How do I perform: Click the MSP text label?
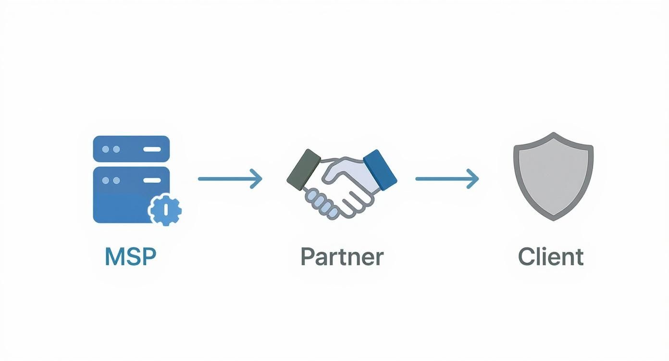coord(130,257)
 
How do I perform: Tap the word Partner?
coord(342,257)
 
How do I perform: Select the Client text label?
coord(550,257)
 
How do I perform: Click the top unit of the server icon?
coord(131,149)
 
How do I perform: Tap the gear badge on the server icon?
coord(165,209)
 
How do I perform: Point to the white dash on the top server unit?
coord(152,149)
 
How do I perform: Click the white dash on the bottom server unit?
coord(152,180)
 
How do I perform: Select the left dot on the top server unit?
coord(106,149)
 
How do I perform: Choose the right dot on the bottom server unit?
coord(116,180)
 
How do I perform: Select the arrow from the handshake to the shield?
coord(447,179)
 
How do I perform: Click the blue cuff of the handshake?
coord(380,169)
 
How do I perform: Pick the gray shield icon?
coord(553,175)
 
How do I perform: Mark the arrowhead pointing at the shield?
coord(474,179)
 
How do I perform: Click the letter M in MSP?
coord(113,257)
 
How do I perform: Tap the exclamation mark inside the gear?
coord(165,209)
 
